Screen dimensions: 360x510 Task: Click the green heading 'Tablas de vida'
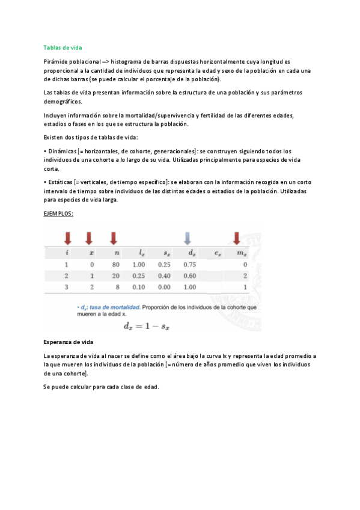click(x=63, y=48)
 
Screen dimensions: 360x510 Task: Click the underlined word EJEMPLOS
click(x=58, y=214)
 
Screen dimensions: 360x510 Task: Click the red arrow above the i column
click(x=67, y=238)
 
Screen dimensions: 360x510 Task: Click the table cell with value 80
click(x=116, y=264)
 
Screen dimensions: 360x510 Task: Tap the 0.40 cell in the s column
click(x=163, y=276)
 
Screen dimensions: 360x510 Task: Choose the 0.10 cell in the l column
click(x=139, y=287)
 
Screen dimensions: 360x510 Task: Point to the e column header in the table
click(x=217, y=253)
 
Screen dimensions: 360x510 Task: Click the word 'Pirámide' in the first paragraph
click(x=56, y=62)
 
